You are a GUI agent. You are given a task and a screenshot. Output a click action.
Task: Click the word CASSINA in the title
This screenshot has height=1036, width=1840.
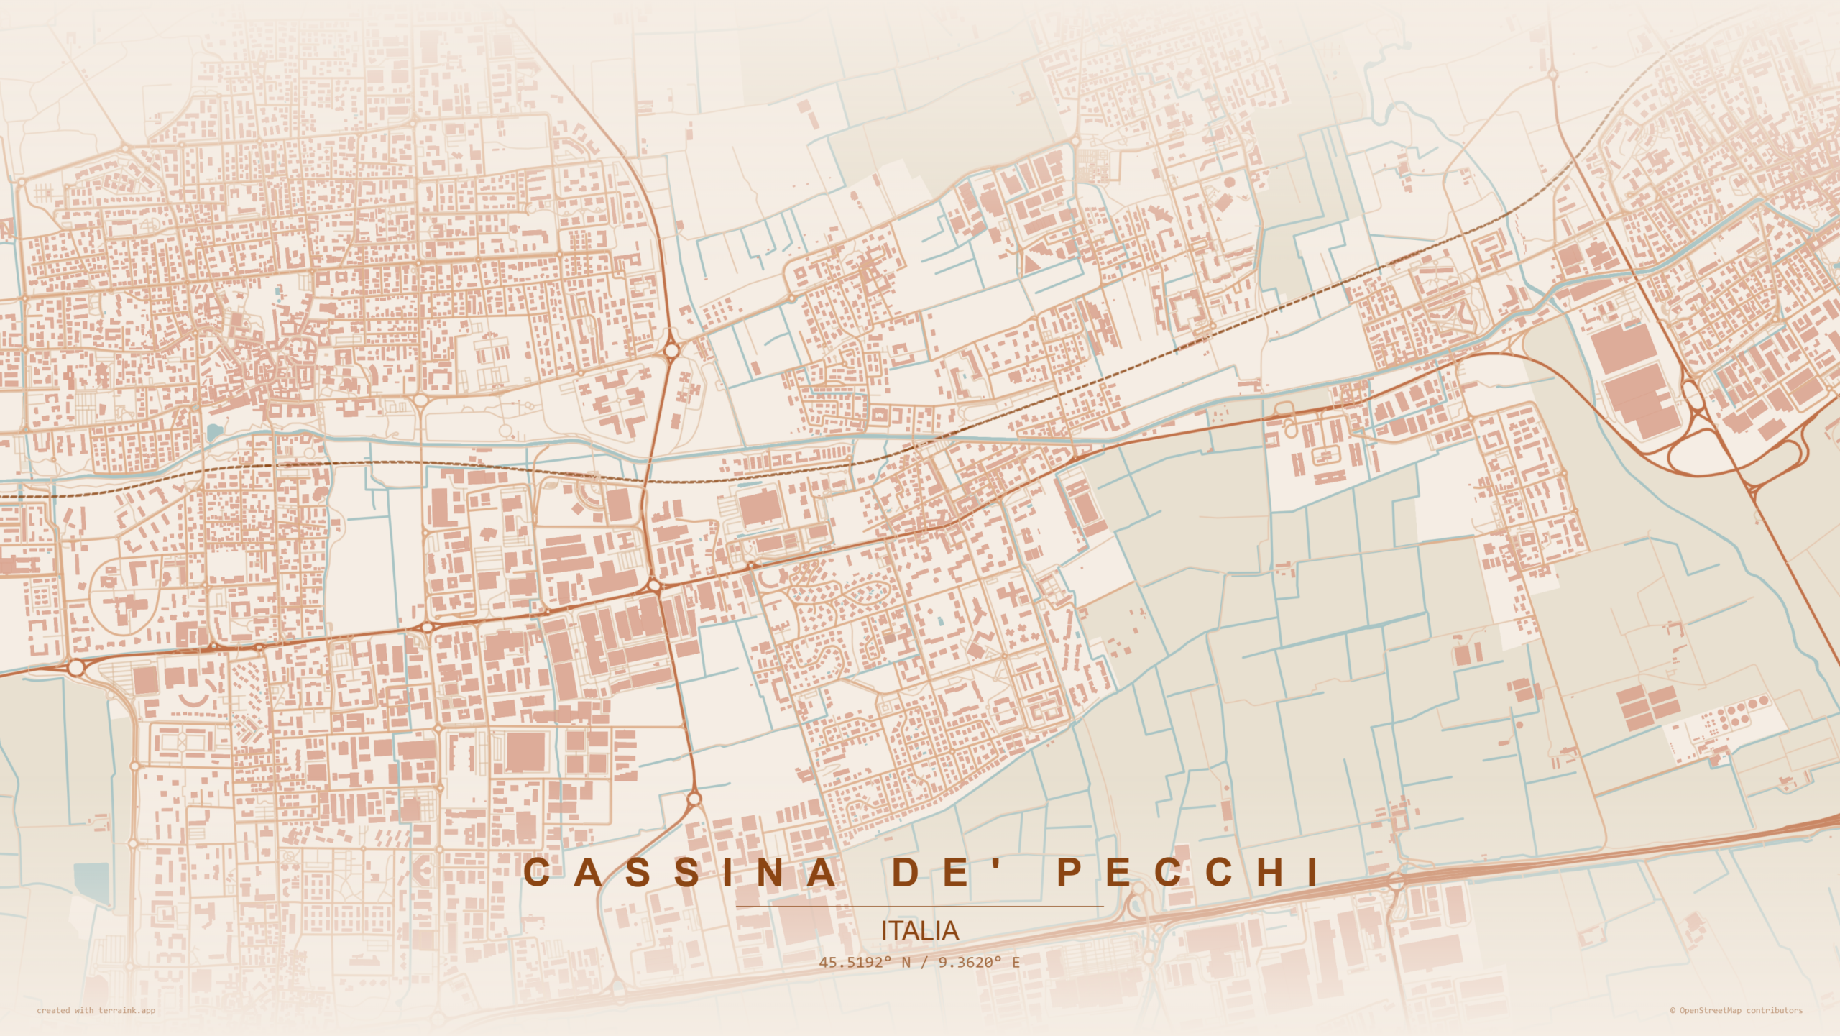click(x=680, y=872)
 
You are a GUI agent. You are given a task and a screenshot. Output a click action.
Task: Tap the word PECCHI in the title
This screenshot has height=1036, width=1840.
click(x=1189, y=872)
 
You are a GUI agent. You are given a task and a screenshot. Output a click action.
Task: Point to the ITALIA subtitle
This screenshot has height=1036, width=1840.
click(x=919, y=931)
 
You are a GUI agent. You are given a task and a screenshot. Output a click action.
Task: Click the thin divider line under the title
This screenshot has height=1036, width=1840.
click(x=919, y=907)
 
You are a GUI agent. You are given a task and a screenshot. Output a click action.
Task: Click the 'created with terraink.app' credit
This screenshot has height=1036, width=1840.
click(x=96, y=1010)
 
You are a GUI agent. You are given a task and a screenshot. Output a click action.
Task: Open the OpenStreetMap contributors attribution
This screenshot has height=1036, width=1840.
click(x=1736, y=1010)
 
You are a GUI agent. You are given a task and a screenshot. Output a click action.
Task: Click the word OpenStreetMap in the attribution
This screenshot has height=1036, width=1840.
click(x=1710, y=1010)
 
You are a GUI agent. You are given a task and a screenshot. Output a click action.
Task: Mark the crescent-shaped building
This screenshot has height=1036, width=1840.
click(x=192, y=700)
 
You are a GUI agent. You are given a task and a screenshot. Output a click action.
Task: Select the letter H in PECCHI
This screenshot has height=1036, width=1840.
click(x=1270, y=872)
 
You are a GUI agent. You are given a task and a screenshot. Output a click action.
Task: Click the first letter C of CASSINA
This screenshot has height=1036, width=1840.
click(x=537, y=872)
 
